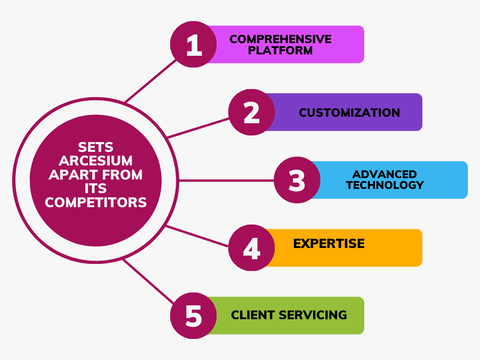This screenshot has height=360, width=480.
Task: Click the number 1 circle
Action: [x=194, y=45]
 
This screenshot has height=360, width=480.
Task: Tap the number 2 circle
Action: [x=252, y=112]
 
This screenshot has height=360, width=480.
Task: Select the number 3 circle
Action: [x=297, y=180]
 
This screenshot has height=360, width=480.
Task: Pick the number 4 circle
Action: [x=252, y=247]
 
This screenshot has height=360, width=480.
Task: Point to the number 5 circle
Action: [x=194, y=315]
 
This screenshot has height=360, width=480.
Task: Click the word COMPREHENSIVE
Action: [x=280, y=39]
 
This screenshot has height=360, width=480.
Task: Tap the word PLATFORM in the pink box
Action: [x=280, y=50]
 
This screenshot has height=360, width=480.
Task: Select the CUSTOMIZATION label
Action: [x=349, y=112]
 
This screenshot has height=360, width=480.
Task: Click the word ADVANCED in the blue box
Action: [x=384, y=174]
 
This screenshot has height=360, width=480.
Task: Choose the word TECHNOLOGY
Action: [x=385, y=185]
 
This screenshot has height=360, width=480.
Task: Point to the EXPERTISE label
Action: [x=329, y=244]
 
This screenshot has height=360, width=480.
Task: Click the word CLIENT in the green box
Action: [x=253, y=315]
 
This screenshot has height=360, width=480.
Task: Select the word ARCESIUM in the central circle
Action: [x=96, y=161]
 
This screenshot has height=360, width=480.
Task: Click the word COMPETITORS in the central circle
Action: [x=96, y=202]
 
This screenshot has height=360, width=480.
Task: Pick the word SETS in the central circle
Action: [x=96, y=147]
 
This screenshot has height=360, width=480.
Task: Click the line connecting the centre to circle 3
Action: [x=226, y=180]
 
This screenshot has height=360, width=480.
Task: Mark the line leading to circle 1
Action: [x=150, y=81]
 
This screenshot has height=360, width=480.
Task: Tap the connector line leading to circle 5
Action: [x=149, y=281]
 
